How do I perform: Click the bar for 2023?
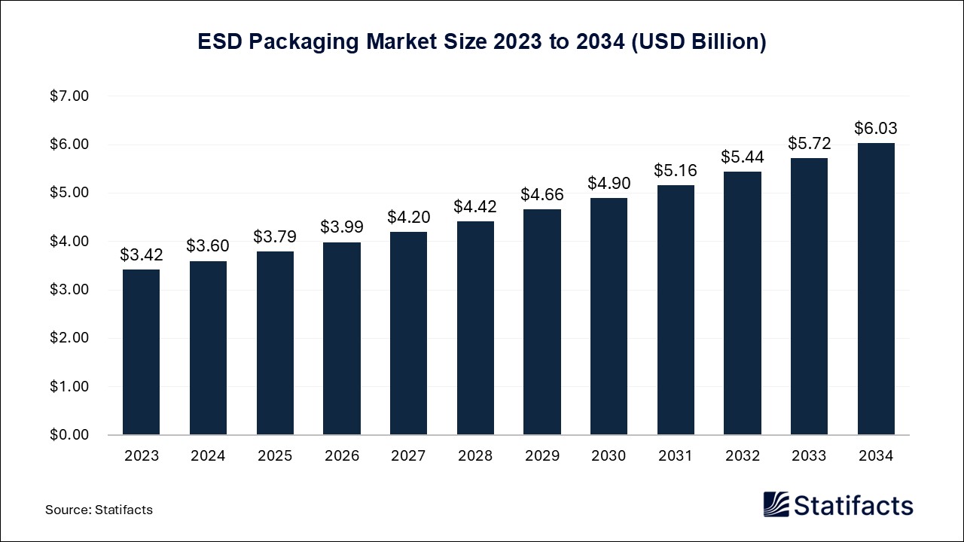click(141, 352)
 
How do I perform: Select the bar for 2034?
click(876, 289)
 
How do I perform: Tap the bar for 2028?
click(475, 328)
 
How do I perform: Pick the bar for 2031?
click(676, 310)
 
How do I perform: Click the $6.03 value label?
click(876, 129)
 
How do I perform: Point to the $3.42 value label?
click(141, 255)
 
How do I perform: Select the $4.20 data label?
click(408, 218)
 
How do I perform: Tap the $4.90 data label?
click(609, 184)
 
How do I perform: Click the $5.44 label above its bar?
click(742, 157)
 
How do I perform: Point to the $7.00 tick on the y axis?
click(69, 96)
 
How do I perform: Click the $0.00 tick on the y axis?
click(69, 435)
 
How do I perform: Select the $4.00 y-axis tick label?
click(69, 242)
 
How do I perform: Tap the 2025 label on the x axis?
click(275, 456)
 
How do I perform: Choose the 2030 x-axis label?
click(609, 456)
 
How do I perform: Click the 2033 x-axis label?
click(809, 456)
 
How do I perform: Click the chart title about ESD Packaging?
click(482, 42)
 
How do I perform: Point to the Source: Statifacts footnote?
click(99, 510)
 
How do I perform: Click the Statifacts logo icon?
click(776, 504)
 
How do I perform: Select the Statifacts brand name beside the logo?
click(854, 504)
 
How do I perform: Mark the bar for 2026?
click(342, 339)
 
